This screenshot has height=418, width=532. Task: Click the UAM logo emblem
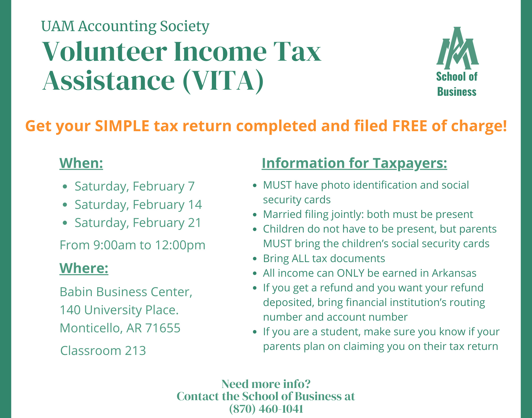(457, 48)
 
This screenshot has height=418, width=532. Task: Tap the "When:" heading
(81, 163)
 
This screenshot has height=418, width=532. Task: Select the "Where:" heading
(84, 268)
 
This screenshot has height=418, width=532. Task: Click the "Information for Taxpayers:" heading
(354, 163)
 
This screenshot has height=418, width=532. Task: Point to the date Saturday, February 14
(138, 205)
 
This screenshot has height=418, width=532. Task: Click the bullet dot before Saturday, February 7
(65, 187)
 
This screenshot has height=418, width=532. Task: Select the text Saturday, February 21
(138, 223)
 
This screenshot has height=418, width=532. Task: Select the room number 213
(135, 351)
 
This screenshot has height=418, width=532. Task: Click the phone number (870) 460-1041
(266, 409)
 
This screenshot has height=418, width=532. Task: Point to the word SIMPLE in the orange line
(122, 126)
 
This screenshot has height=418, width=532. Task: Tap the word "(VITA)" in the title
(223, 80)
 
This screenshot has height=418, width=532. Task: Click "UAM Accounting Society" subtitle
(125, 26)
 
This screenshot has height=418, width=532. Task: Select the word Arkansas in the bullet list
(454, 273)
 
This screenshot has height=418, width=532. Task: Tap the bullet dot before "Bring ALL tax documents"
(255, 259)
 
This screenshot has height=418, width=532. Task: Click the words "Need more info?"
(266, 384)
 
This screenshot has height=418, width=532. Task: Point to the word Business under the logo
(457, 92)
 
